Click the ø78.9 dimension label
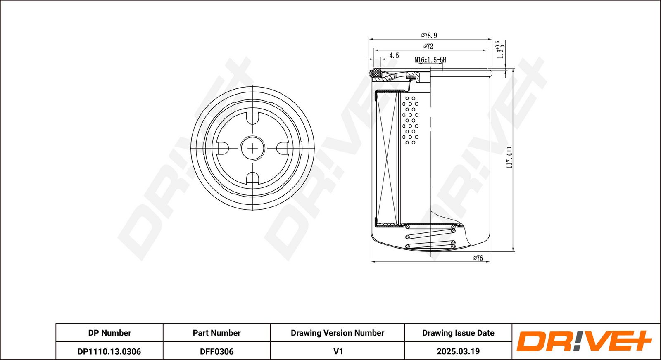429,36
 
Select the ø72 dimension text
428,47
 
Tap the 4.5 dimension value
394,55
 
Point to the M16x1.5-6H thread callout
430,60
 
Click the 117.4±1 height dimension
509,157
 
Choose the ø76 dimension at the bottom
478,258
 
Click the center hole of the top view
252,148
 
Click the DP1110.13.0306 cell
109,351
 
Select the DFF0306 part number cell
216,351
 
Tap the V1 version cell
338,351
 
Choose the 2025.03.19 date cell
458,351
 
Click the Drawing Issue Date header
458,333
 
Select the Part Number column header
216,333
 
